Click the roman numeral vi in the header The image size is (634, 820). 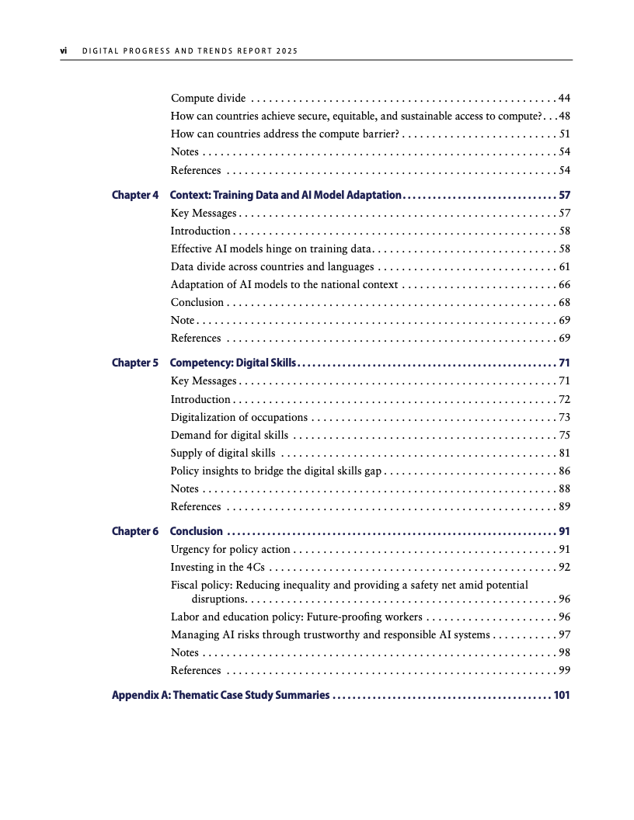pyautogui.click(x=64, y=51)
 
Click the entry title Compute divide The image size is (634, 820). pyautogui.click(x=208, y=98)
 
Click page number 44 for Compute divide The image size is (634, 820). pyautogui.click(x=565, y=98)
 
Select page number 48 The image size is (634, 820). pyautogui.click(x=565, y=116)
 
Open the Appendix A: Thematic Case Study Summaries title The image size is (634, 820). pyautogui.click(x=221, y=695)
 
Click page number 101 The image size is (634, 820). pyautogui.click(x=562, y=695)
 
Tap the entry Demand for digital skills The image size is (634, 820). pyautogui.click(x=229, y=435)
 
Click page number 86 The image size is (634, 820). pyautogui.click(x=565, y=471)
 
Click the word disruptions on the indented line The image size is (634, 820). pyautogui.click(x=219, y=599)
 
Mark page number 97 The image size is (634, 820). pyautogui.click(x=565, y=634)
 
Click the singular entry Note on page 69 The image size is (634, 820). pyautogui.click(x=183, y=320)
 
